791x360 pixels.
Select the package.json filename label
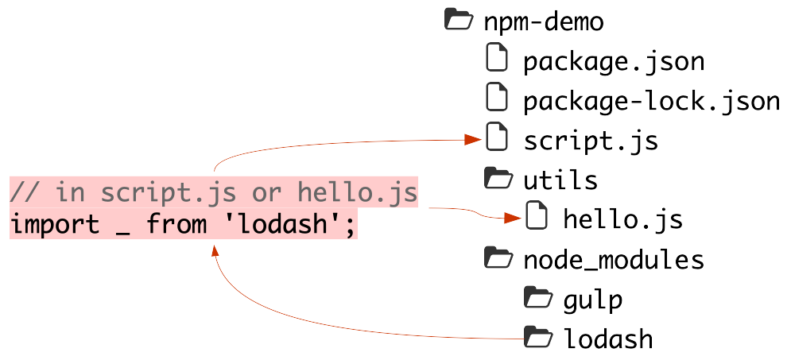coord(614,61)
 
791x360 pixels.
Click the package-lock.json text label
coord(651,102)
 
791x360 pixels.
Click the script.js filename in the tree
coord(590,141)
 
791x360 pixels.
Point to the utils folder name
coord(560,180)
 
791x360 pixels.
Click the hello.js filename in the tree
coord(622,219)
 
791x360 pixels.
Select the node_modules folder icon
coord(498,257)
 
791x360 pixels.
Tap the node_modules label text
coord(613,260)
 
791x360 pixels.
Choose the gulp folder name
coord(592,300)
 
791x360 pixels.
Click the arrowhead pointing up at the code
coord(215,250)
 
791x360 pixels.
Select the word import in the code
coord(55,225)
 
